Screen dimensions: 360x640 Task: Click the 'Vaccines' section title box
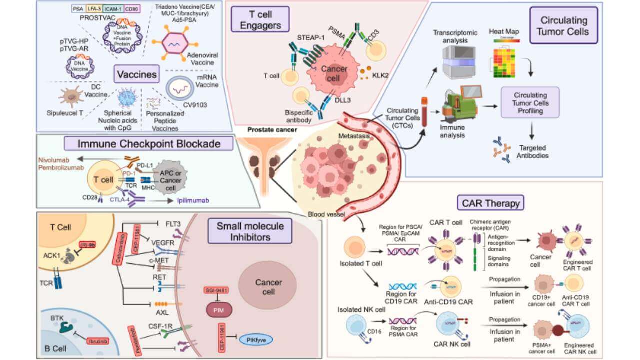pos(135,75)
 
